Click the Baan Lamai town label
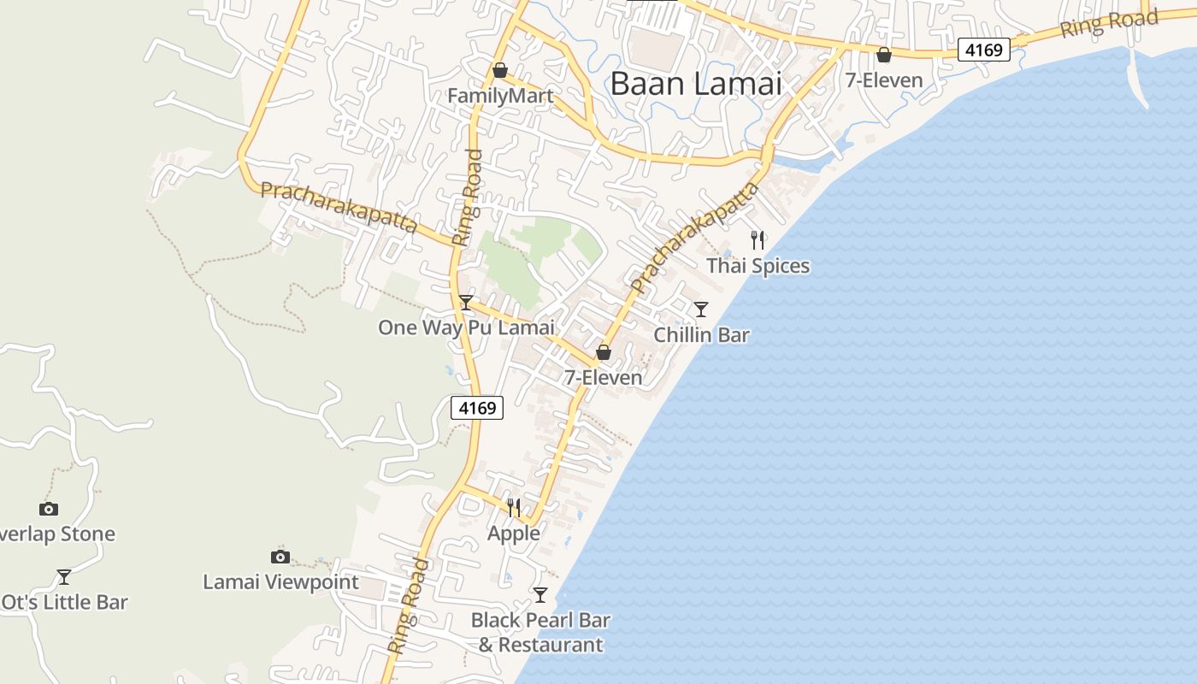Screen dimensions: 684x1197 pyautogui.click(x=697, y=84)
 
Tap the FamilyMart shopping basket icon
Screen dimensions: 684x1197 pyautogui.click(x=500, y=70)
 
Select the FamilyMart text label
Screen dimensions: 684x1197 pyautogui.click(x=500, y=96)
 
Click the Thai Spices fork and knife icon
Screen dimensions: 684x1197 pyautogui.click(x=757, y=240)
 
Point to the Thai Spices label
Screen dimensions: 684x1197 pyautogui.click(x=758, y=266)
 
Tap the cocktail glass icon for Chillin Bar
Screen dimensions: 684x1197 pyautogui.click(x=701, y=309)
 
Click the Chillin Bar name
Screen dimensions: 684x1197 pyautogui.click(x=701, y=334)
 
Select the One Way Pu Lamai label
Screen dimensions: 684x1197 pyautogui.click(x=466, y=327)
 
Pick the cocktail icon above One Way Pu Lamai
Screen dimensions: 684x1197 pyautogui.click(x=466, y=302)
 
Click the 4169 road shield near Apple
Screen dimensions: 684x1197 pyautogui.click(x=477, y=408)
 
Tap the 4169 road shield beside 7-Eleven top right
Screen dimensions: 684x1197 pyautogui.click(x=983, y=50)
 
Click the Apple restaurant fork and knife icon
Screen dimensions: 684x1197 pyautogui.click(x=513, y=508)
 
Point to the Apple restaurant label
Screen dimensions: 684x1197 pyautogui.click(x=513, y=534)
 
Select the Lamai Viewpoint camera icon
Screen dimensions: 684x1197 pyautogui.click(x=280, y=557)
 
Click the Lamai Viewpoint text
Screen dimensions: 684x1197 pyautogui.click(x=280, y=582)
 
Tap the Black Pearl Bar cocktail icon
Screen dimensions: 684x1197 pyautogui.click(x=540, y=594)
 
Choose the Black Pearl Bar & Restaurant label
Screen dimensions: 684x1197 pyautogui.click(x=540, y=632)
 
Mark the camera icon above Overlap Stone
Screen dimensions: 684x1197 pyautogui.click(x=49, y=509)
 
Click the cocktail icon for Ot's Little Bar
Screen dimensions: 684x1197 pyautogui.click(x=63, y=576)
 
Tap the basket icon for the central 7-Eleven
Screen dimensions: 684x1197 pyautogui.click(x=604, y=351)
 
